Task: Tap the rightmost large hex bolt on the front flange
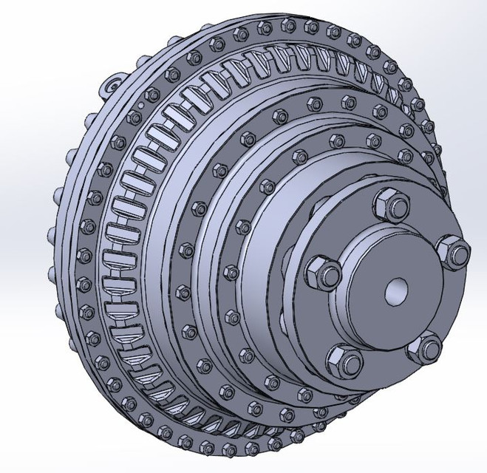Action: tap(452, 251)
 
